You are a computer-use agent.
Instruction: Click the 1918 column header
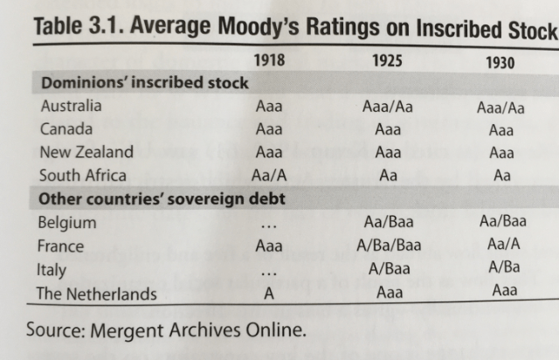pyautogui.click(x=269, y=62)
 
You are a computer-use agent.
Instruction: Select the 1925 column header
pyautogui.click(x=387, y=62)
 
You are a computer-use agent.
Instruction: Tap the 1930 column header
pyautogui.click(x=500, y=64)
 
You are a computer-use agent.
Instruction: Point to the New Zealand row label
pyautogui.click(x=86, y=152)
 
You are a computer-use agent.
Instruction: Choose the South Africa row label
pyautogui.click(x=83, y=175)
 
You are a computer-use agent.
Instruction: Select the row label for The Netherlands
pyautogui.click(x=96, y=294)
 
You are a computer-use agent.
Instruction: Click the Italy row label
pyautogui.click(x=52, y=270)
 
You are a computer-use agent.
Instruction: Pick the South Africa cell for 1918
pyautogui.click(x=269, y=175)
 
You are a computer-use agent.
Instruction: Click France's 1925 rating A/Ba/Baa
pyautogui.click(x=389, y=246)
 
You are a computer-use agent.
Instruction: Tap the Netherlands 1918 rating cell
pyautogui.click(x=269, y=294)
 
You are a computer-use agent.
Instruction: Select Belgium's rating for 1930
pyautogui.click(x=502, y=223)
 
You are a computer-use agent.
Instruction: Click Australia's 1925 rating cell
pyautogui.click(x=388, y=107)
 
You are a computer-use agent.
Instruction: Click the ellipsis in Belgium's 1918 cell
pyautogui.click(x=268, y=225)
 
